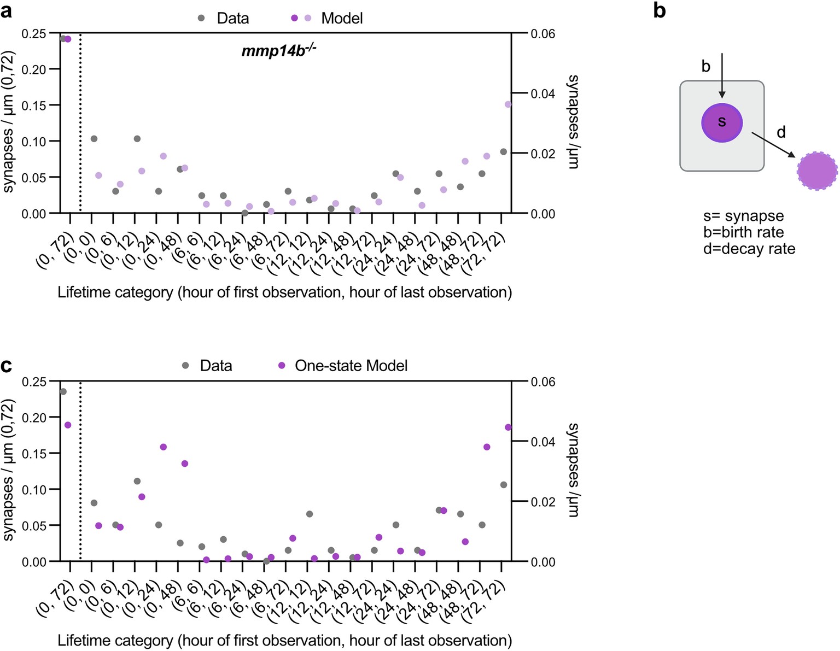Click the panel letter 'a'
click(x=7, y=11)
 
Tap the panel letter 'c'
click(x=7, y=365)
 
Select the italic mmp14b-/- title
click(x=279, y=51)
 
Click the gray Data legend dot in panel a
click(x=201, y=18)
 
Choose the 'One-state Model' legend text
click(x=351, y=366)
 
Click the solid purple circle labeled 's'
click(x=722, y=122)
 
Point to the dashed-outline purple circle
click(x=817, y=171)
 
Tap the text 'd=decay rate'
click(x=749, y=249)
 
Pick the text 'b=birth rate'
click(x=743, y=232)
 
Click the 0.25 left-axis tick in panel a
click(x=34, y=34)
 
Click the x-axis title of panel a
click(x=284, y=292)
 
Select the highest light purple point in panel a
click(x=508, y=104)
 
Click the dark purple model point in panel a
click(x=68, y=39)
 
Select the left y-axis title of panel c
click(x=8, y=470)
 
